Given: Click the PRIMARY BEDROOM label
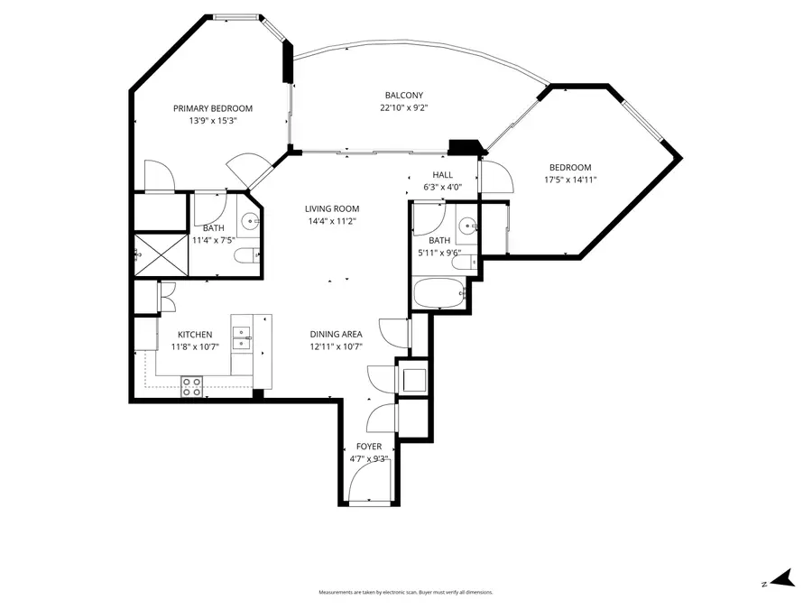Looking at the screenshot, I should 213,108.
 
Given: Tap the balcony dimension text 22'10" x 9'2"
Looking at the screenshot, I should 403,107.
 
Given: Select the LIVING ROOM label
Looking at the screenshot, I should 332,208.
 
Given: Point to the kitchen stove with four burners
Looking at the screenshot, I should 192,387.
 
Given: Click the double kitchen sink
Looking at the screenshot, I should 241,338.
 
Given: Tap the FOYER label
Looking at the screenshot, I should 368,447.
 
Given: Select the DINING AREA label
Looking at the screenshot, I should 336,334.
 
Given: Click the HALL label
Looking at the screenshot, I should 442,175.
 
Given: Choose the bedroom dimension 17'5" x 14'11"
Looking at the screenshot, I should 570,180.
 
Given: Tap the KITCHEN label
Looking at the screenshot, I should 195,335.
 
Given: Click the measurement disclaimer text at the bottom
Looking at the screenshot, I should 406,592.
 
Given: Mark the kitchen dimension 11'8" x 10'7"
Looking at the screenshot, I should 195,346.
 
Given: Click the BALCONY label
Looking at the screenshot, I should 403,96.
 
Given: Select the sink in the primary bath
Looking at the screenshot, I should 249,219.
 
